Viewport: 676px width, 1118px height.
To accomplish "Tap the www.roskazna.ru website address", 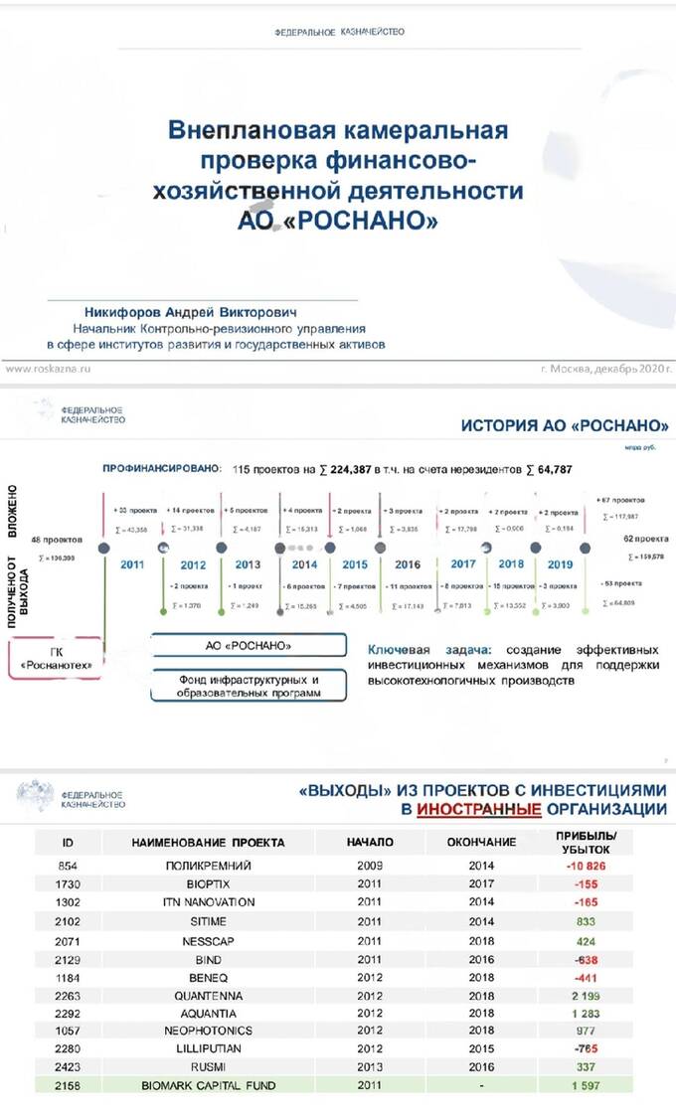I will (x=49, y=368).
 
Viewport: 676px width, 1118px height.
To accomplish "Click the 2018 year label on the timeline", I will (x=511, y=563).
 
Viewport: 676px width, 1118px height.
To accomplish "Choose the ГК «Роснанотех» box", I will (x=56, y=658).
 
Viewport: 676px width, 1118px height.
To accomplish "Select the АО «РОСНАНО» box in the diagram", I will (x=249, y=645).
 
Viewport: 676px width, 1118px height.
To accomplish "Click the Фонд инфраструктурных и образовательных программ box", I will (x=249, y=686).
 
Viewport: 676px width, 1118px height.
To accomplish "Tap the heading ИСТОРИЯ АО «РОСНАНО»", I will (x=565, y=426).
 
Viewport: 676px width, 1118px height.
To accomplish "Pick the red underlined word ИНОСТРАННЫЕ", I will (x=479, y=809).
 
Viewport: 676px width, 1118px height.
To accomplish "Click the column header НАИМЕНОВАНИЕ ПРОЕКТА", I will (x=208, y=842).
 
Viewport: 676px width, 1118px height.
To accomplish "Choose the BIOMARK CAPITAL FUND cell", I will (x=209, y=1085).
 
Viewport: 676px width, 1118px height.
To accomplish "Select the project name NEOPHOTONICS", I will (x=209, y=1031).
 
